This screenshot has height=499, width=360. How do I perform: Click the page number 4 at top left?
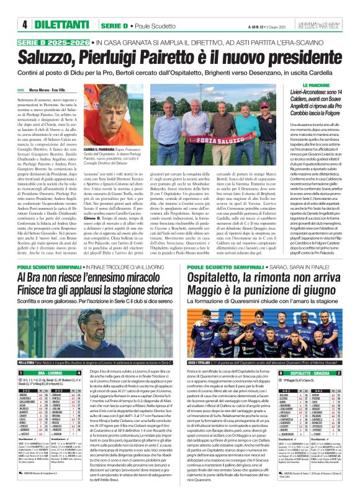coord(24,24)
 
